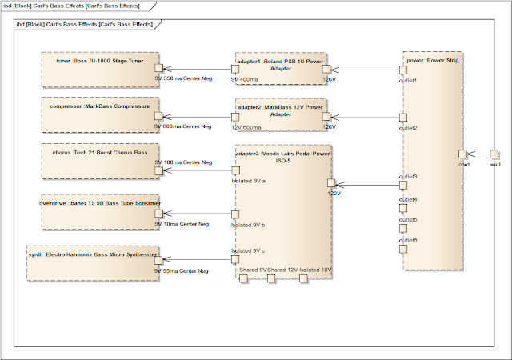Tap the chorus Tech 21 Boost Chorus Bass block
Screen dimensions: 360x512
pos(100,159)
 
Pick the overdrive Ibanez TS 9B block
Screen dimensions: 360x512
pos(100,213)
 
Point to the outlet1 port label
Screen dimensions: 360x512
pos(408,80)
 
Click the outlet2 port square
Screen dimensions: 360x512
pos(404,117)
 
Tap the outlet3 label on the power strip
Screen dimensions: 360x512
pos(408,176)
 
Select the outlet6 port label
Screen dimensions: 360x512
pos(408,240)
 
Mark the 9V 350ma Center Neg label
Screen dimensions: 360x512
pos(183,80)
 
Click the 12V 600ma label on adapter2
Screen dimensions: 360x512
pos(247,126)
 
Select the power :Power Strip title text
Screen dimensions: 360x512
pos(433,58)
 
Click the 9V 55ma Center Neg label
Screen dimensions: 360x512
pos(182,271)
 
